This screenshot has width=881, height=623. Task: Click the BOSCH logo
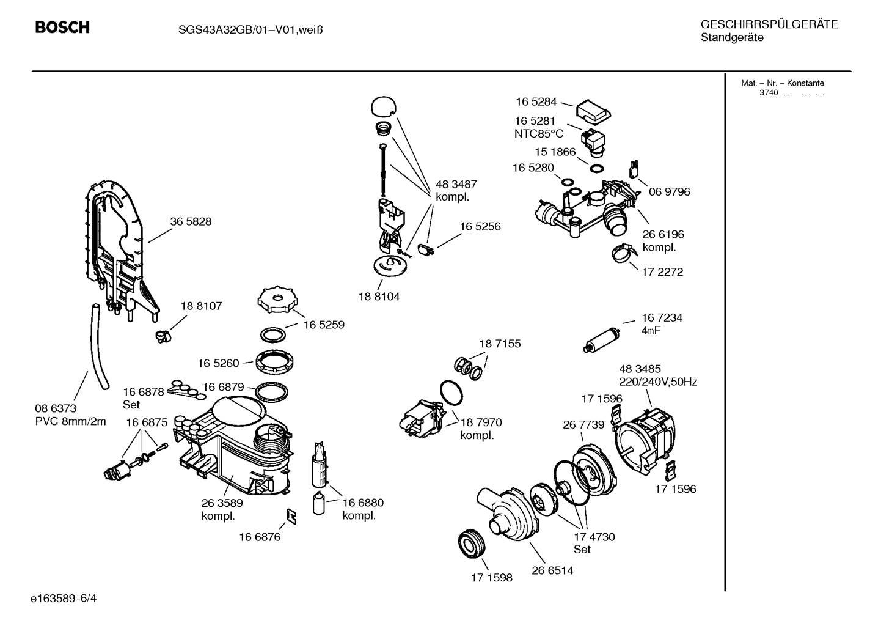[x=62, y=28]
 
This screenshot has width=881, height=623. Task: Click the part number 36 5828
[x=191, y=222]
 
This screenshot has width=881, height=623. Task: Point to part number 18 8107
[x=201, y=306]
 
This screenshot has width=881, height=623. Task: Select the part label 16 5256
[x=480, y=227]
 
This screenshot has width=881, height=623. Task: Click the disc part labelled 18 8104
[x=390, y=267]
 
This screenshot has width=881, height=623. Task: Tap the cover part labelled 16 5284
[x=593, y=111]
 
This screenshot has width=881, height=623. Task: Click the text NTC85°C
[x=538, y=134]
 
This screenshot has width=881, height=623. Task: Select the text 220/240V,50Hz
[x=658, y=382]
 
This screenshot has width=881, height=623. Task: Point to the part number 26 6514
[x=552, y=571]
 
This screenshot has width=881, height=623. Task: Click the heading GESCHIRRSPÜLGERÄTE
[x=769, y=24]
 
